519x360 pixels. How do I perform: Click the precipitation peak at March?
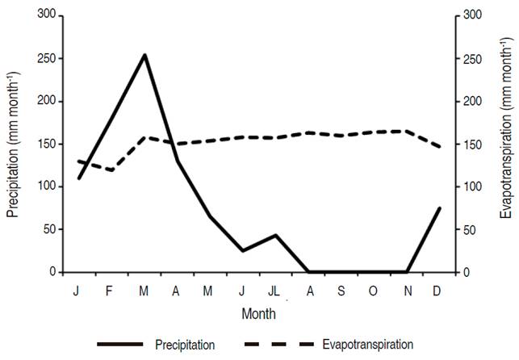144,55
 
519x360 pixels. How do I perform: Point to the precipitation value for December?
440,208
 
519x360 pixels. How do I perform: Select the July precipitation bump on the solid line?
276,235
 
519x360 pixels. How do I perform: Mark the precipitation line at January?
78,178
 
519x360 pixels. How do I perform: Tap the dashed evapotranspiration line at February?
111,170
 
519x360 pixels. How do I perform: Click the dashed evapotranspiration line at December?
440,147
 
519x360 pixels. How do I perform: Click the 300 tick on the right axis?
470,16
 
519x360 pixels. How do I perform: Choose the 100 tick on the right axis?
470,187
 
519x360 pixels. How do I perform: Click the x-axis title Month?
259,312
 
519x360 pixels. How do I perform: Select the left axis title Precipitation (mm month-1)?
13,144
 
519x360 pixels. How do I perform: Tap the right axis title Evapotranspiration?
506,144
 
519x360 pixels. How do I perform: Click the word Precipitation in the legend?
185,345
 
